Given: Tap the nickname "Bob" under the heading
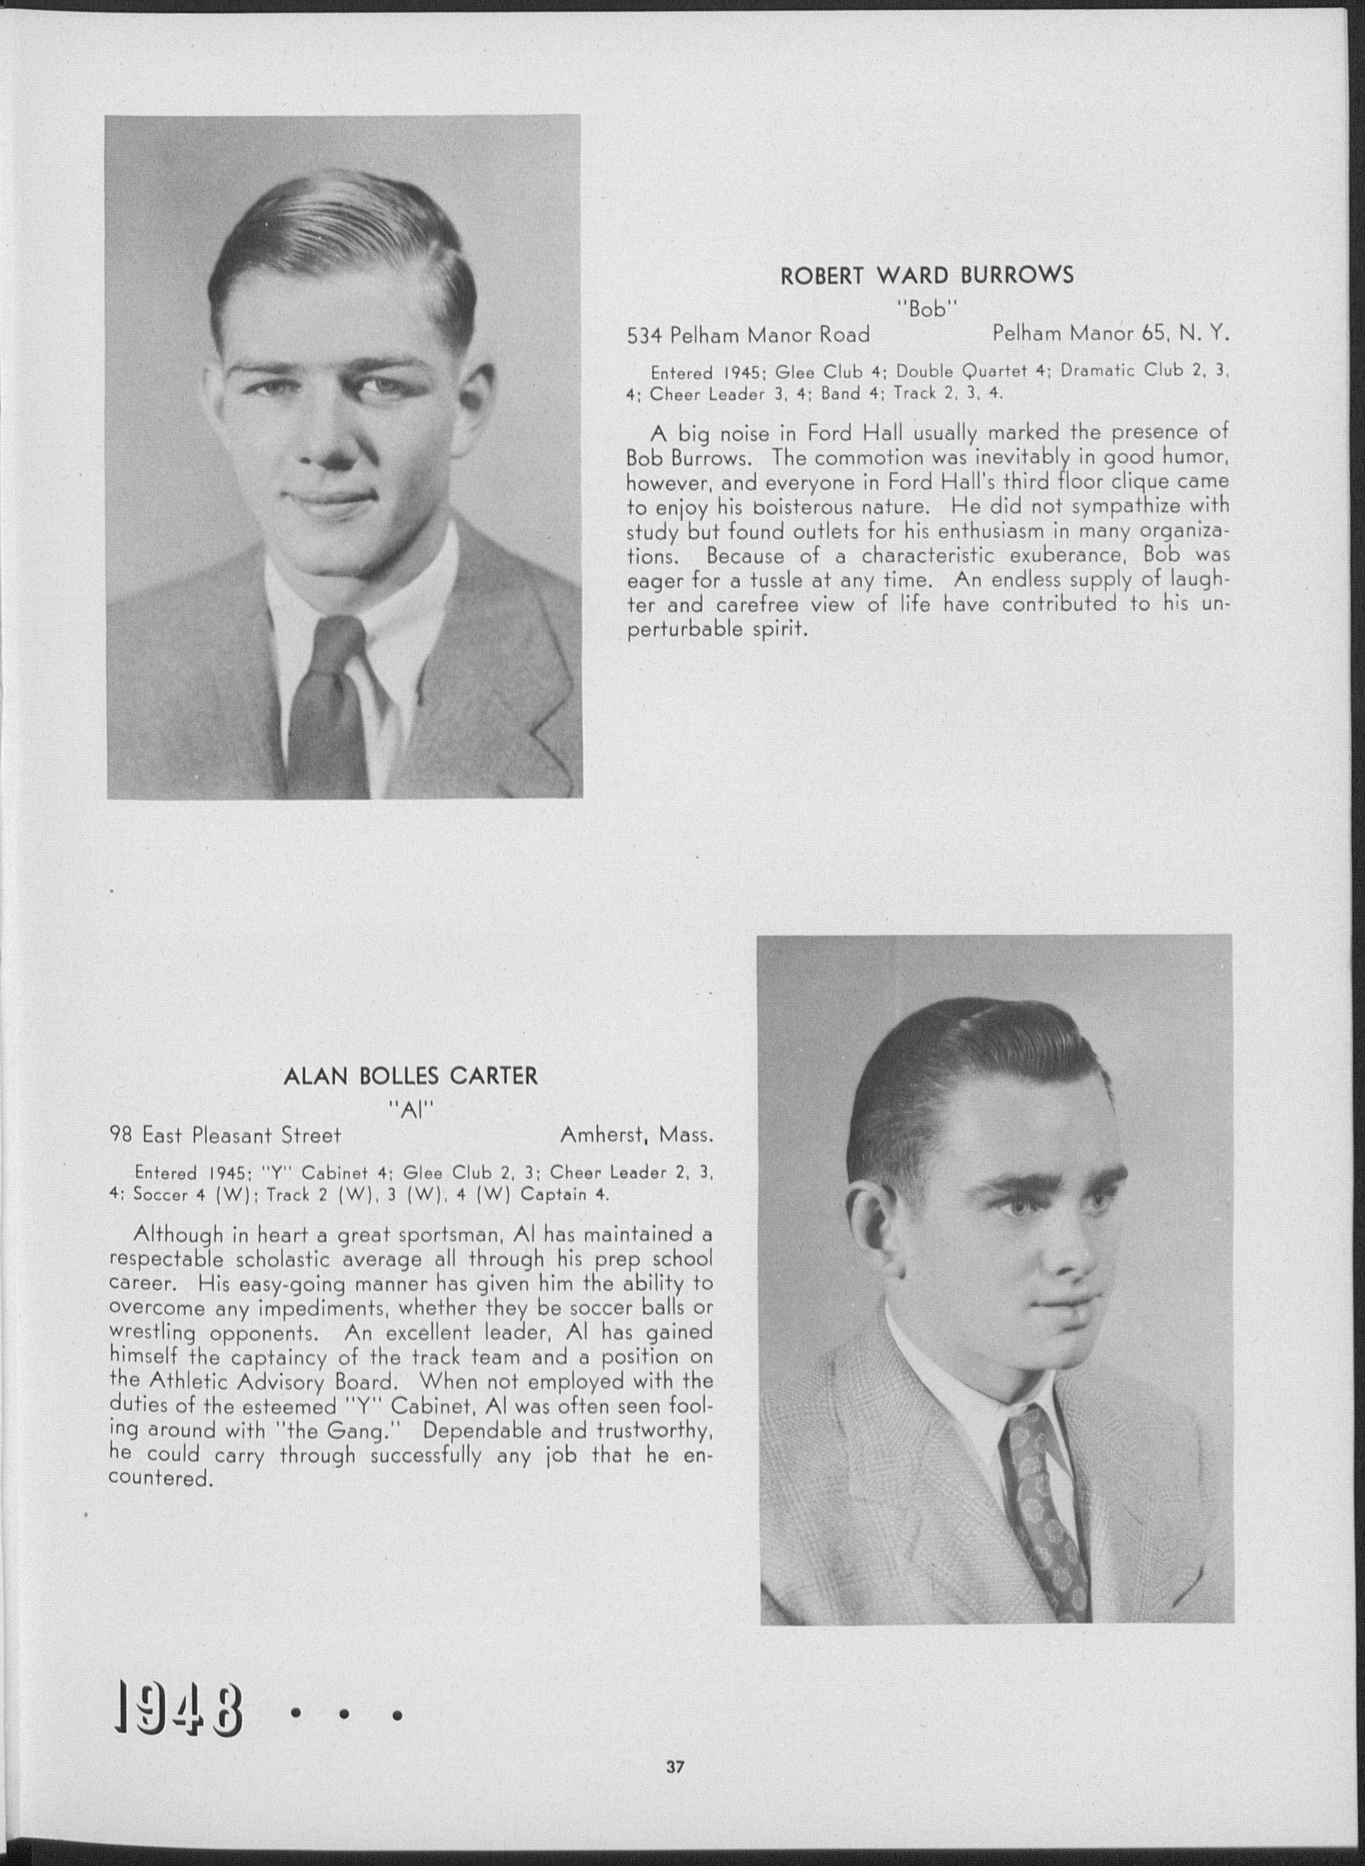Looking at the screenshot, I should pyautogui.click(x=927, y=309).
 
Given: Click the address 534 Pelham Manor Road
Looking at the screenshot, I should pyautogui.click(x=748, y=335).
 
